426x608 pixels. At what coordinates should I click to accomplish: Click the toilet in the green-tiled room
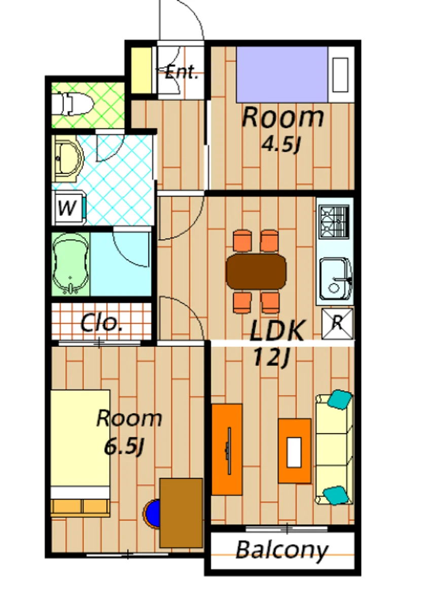(73, 104)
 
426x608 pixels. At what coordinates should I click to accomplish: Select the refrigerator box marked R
(338, 323)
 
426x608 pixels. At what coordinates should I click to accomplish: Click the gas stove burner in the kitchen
(334, 221)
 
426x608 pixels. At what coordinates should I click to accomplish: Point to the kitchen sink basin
(336, 279)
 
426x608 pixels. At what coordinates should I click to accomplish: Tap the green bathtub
(70, 263)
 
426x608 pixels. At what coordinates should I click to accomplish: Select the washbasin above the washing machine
(68, 158)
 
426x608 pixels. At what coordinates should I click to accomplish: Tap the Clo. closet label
(101, 323)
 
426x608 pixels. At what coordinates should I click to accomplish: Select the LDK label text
(276, 330)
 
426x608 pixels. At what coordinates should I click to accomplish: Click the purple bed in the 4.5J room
(282, 74)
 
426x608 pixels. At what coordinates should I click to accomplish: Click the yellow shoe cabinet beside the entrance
(141, 70)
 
